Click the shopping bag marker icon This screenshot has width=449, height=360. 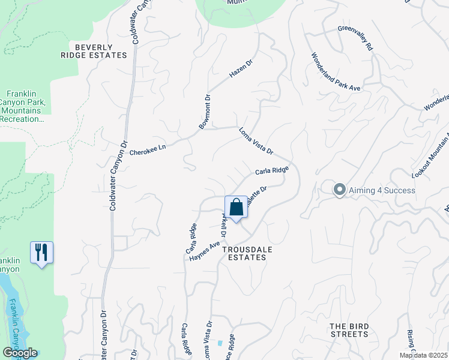coord(237,207)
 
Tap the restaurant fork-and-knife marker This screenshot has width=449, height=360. coord(41,252)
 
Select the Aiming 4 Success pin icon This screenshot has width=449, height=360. coord(339,190)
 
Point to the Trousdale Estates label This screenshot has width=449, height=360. coord(244,253)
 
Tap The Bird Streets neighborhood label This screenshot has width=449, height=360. coord(349,329)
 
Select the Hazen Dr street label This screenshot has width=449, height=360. coord(242,71)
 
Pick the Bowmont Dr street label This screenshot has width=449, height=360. coord(205,112)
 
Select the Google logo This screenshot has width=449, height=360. coord(20,353)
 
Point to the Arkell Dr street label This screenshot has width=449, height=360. coord(226,223)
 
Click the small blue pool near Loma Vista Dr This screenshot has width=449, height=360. coord(220,343)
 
